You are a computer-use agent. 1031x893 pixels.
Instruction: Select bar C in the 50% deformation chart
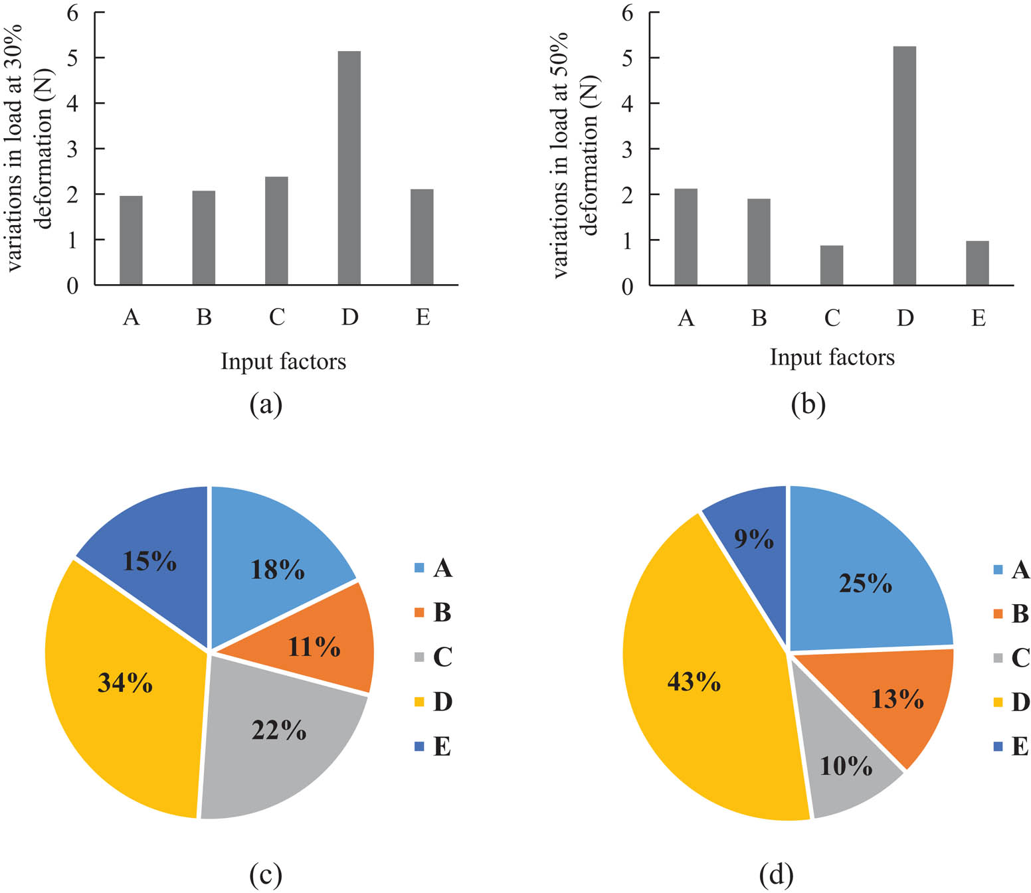click(x=831, y=265)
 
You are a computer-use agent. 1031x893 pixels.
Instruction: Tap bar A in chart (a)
click(x=131, y=240)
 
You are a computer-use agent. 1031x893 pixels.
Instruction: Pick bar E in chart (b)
click(x=977, y=263)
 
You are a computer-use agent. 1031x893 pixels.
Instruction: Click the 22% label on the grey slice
click(x=279, y=730)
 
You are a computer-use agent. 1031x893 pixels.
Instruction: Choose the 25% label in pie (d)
click(x=865, y=583)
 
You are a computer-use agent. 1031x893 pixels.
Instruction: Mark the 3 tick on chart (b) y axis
click(x=627, y=149)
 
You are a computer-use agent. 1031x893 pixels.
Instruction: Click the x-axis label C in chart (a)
click(x=276, y=318)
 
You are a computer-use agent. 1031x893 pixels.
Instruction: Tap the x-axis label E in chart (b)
click(x=978, y=319)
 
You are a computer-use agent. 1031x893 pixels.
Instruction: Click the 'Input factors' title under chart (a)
click(x=283, y=362)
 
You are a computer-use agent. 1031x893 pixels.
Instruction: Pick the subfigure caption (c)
click(x=266, y=875)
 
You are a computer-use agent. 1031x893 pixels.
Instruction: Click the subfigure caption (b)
click(x=808, y=404)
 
